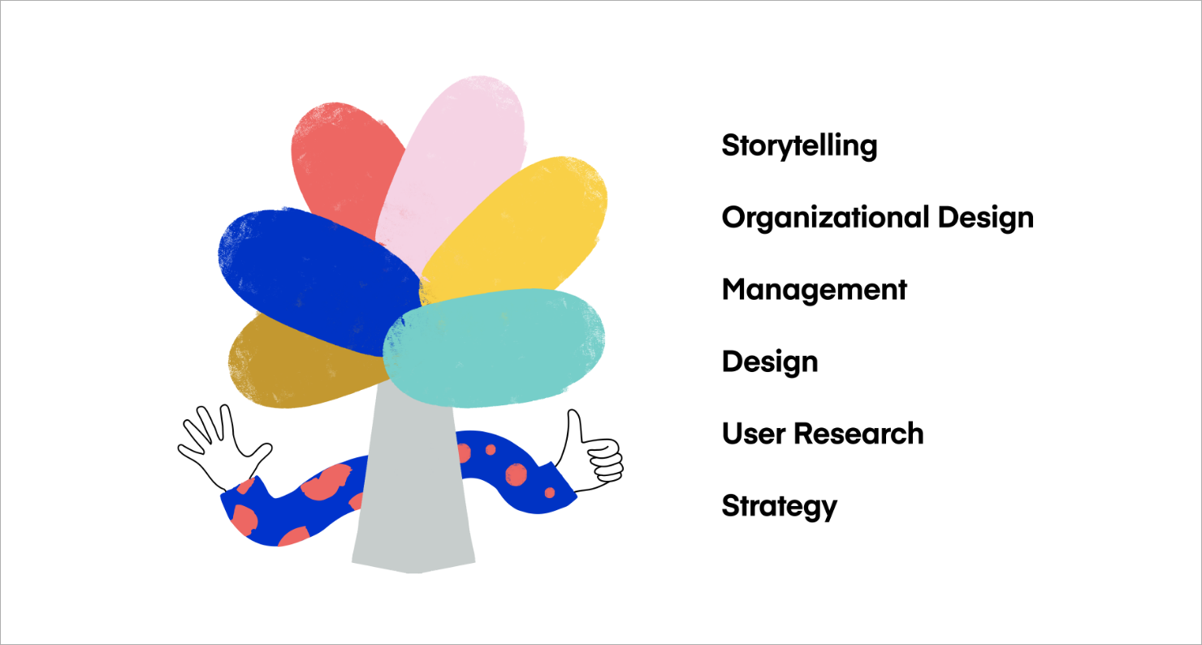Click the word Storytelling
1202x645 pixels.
pos(799,146)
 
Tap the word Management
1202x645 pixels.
pos(814,291)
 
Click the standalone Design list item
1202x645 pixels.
pos(770,363)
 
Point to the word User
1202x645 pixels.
pos(754,434)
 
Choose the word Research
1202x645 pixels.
pos(858,434)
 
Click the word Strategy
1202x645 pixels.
pos(779,507)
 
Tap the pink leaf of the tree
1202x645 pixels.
pos(456,161)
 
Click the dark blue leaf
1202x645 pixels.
pos(317,279)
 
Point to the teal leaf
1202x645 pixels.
pos(494,348)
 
